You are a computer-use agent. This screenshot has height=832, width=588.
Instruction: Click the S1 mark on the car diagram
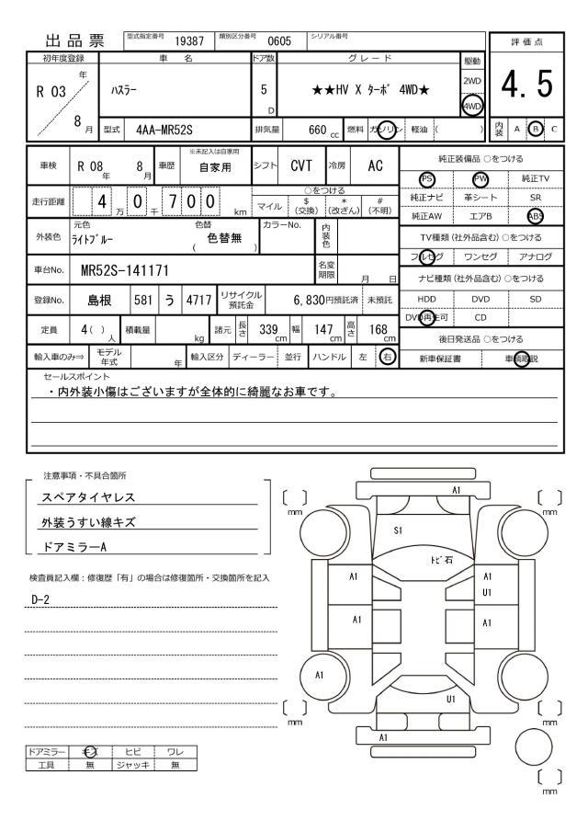tap(399, 530)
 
